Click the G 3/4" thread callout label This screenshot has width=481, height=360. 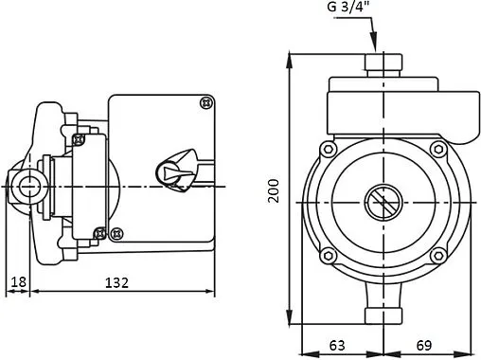pos(347,7)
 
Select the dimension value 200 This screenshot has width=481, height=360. pos(274,190)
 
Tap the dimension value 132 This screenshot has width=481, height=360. pos(116,282)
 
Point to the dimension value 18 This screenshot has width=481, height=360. pos(18,281)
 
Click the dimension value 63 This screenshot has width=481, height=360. pos(337,345)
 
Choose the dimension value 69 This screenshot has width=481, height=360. pos(423,345)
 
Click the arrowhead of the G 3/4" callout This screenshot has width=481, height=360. pos(374,41)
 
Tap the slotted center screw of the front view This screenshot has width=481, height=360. pos(383,203)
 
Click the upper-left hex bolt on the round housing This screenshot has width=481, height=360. pos(329,149)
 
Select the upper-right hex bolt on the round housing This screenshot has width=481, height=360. pos(438,149)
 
